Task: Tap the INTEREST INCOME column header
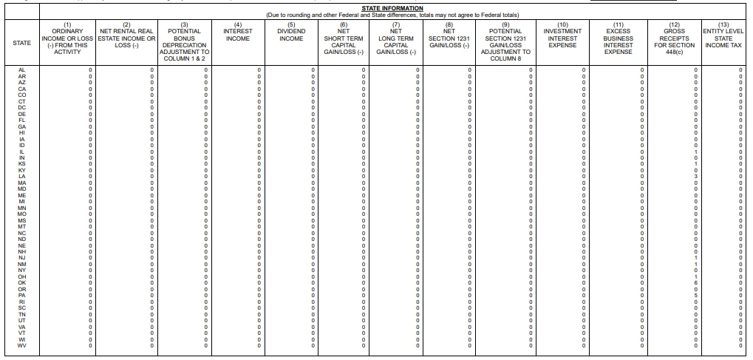point(237,35)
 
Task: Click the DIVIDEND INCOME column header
point(291,35)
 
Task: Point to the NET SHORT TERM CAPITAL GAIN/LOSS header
point(344,41)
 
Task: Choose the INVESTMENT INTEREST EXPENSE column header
point(562,38)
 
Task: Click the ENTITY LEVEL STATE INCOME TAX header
point(723,38)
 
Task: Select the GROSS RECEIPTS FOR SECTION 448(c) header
point(670,41)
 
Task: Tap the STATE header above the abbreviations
point(22,43)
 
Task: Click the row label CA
point(22,89)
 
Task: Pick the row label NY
point(22,270)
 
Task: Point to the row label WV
point(22,345)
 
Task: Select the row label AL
point(22,69)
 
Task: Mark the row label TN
point(22,313)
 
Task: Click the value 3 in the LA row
point(695,177)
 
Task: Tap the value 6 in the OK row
point(695,283)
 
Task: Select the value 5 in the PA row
point(695,296)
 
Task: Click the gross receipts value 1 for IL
point(695,152)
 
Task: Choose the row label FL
point(22,120)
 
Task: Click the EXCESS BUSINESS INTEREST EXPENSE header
point(619,41)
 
